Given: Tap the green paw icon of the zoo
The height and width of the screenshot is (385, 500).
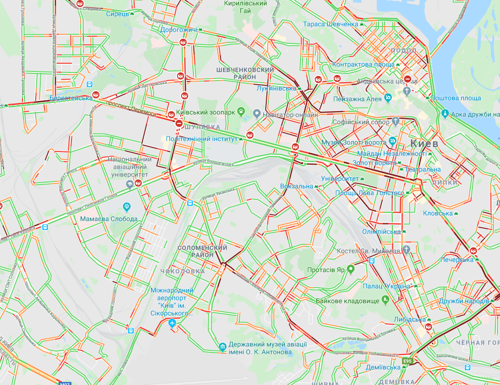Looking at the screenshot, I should (241, 112).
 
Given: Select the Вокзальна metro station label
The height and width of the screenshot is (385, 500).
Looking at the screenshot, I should (296, 186).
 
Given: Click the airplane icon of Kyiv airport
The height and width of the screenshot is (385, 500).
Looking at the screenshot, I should (172, 323).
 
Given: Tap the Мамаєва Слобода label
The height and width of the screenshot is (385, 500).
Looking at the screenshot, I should (109, 219).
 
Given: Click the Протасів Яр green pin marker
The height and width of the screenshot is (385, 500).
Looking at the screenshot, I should (351, 269).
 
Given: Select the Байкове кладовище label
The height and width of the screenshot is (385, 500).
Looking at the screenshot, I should (348, 301).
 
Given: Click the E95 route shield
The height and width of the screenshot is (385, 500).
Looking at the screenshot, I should (407, 362).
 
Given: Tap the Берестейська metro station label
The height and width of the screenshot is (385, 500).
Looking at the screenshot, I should (71, 98).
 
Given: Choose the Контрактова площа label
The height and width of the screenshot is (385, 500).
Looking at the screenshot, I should (363, 65).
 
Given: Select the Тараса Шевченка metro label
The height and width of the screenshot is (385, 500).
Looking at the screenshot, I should (331, 24).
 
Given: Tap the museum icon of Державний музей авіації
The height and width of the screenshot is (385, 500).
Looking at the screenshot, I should (222, 347).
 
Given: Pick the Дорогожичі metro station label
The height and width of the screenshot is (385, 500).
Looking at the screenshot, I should (178, 30).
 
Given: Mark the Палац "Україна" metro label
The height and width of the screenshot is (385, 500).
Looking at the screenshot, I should (387, 286).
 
